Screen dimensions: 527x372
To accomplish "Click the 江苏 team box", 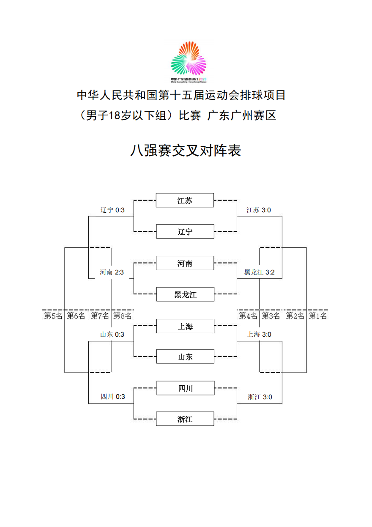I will [x=185, y=200].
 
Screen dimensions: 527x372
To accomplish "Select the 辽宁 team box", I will [x=185, y=232].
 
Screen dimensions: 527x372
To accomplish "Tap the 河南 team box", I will [x=185, y=263].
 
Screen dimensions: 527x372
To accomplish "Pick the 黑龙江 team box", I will [x=185, y=294].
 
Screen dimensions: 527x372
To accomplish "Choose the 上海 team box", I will [x=185, y=326].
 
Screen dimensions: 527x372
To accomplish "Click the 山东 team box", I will [x=185, y=357].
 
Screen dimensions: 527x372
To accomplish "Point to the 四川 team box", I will [x=185, y=388].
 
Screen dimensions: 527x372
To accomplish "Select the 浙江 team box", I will [x=185, y=419].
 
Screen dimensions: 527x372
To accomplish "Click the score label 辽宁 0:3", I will [x=112, y=210].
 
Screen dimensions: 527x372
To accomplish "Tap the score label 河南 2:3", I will [x=112, y=272].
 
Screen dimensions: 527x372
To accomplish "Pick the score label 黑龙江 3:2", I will [x=259, y=272].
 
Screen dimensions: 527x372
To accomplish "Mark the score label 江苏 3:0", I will [x=259, y=210].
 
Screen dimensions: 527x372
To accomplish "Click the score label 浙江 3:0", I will [x=260, y=397].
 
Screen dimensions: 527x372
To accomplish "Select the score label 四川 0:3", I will [x=112, y=397].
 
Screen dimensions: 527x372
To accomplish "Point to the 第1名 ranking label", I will [x=318, y=316].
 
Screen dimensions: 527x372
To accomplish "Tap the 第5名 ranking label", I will [x=53, y=316].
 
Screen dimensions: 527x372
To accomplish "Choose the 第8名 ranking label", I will [x=123, y=316].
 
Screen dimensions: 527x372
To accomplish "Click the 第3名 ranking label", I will [x=271, y=316].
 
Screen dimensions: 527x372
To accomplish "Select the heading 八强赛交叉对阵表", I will [x=186, y=151].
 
